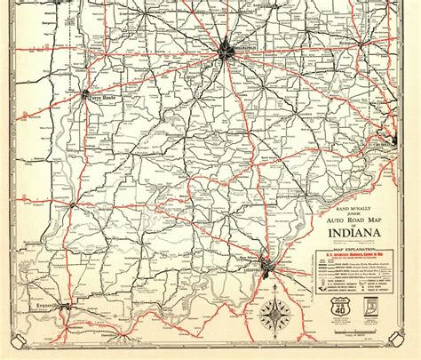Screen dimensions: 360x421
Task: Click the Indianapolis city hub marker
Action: pyautogui.click(x=226, y=52)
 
